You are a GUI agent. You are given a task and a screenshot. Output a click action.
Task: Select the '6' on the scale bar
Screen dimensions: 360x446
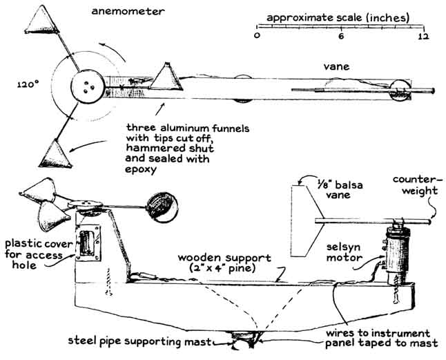340,35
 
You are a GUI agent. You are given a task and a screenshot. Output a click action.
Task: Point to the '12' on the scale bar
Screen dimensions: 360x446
423,35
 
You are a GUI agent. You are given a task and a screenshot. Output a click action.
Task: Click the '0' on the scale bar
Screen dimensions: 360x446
257,35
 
